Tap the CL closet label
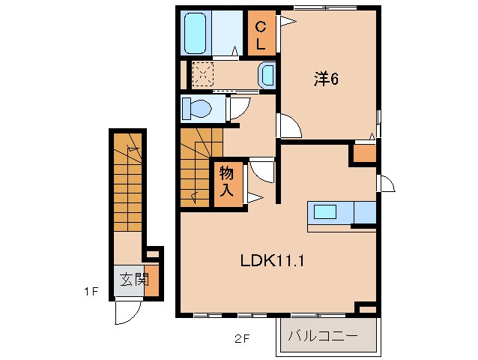point(261,34)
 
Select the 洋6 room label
point(326,79)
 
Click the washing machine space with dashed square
point(204,74)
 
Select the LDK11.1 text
point(270,261)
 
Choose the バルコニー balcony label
point(324,335)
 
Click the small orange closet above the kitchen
point(365,154)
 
